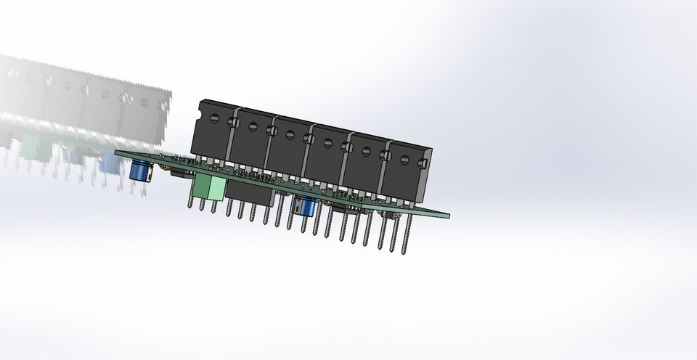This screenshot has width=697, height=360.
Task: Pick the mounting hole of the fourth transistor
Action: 327,142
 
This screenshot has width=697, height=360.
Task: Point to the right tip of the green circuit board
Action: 447,215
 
